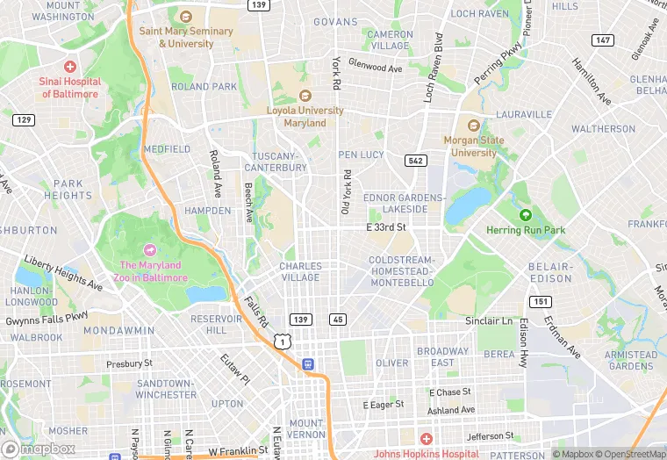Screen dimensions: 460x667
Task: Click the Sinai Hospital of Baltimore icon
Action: tap(69, 67)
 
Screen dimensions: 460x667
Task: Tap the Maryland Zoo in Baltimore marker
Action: tap(149, 251)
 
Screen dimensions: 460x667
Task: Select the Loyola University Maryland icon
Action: tap(305, 96)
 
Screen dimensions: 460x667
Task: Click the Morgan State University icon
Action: tap(474, 126)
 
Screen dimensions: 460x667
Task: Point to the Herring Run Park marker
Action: tap(526, 215)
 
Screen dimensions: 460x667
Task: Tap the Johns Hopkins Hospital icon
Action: tap(426, 439)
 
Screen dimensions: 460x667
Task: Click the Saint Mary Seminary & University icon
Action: tap(185, 17)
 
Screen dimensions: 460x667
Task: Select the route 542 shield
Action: tap(415, 161)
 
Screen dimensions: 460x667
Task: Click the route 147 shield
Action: tap(602, 40)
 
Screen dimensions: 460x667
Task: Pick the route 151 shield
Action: tap(541, 302)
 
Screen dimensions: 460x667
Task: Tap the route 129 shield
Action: tap(24, 119)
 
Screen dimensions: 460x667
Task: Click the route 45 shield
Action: tap(338, 320)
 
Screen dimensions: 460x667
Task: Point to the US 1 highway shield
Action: tap(281, 340)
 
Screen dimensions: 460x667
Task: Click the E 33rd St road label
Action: tap(386, 227)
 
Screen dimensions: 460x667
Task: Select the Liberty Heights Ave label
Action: tap(62, 272)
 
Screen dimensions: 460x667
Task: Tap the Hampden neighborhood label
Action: tap(208, 211)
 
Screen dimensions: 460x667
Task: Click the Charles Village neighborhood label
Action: tap(300, 271)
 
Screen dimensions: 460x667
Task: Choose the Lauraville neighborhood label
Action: tap(523, 114)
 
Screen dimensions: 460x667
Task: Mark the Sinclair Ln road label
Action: tap(489, 321)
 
